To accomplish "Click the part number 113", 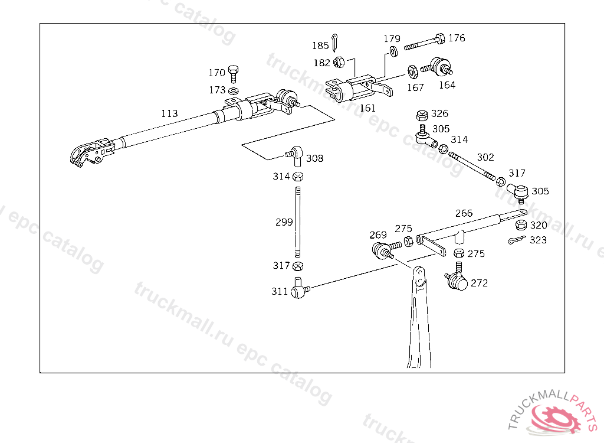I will pyautogui.click(x=169, y=113).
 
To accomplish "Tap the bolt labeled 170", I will pyautogui.click(x=234, y=72).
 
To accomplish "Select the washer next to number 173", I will pyautogui.click(x=234, y=90).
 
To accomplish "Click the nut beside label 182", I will pyautogui.click(x=339, y=61).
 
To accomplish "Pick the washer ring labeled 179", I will pyautogui.click(x=393, y=53).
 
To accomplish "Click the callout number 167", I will pyautogui.click(x=415, y=87).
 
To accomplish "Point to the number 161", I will pyautogui.click(x=367, y=108).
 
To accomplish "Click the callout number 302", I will pyautogui.click(x=485, y=157).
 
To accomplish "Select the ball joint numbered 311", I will pyautogui.click(x=300, y=289).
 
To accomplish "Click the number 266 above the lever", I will pyautogui.click(x=464, y=213).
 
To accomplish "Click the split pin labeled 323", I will pyautogui.click(x=517, y=240).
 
